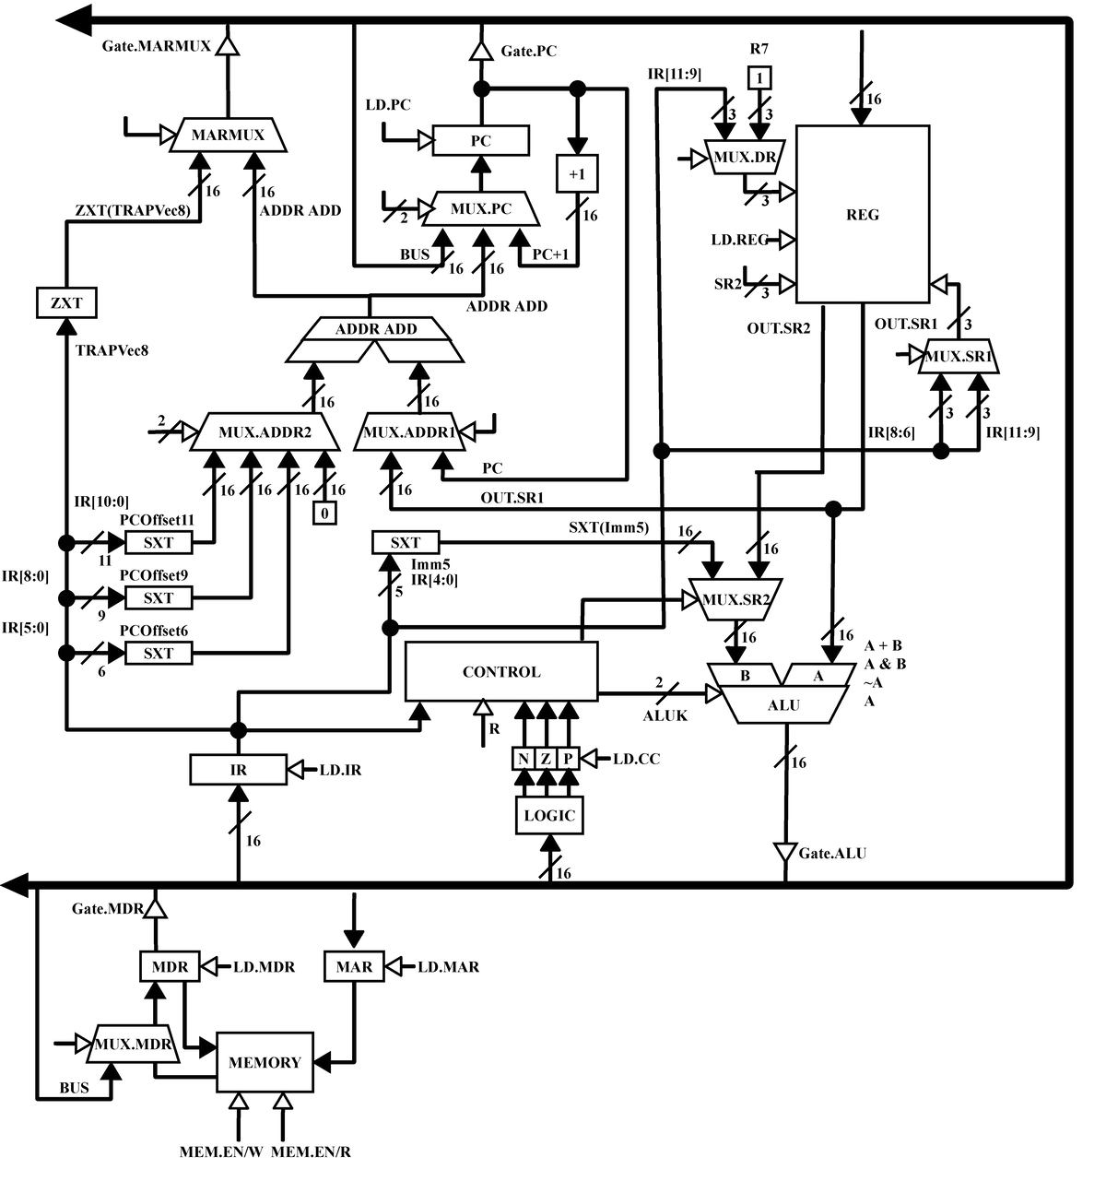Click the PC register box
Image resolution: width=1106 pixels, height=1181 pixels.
(x=480, y=140)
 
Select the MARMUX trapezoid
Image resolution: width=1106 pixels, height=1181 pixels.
(x=229, y=135)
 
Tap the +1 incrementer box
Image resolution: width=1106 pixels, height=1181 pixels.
(x=577, y=173)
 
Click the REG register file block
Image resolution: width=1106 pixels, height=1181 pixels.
(x=862, y=214)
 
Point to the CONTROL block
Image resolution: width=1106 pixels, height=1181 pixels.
(x=501, y=671)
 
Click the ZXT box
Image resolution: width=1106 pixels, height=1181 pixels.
(x=66, y=302)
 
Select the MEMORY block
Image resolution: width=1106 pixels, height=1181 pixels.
(x=265, y=1062)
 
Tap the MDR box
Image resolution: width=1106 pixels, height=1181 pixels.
(x=170, y=966)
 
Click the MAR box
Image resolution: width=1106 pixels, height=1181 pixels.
(x=354, y=966)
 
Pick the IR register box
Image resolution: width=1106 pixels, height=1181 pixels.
(x=238, y=769)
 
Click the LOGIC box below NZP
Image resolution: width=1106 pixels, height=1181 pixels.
(x=549, y=815)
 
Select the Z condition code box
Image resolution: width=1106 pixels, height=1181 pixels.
(x=546, y=759)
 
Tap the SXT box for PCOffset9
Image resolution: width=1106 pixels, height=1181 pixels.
(x=159, y=597)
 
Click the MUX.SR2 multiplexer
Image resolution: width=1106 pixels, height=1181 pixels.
(x=735, y=599)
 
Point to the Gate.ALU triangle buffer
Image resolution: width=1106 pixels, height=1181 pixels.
(x=784, y=853)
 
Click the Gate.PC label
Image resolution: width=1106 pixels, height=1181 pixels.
(x=529, y=51)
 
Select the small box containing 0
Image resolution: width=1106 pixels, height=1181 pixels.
(x=324, y=514)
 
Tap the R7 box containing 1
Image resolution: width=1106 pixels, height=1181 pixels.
(x=759, y=77)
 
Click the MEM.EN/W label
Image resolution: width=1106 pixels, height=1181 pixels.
(x=220, y=1151)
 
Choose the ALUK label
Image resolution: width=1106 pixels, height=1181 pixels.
(x=665, y=715)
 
